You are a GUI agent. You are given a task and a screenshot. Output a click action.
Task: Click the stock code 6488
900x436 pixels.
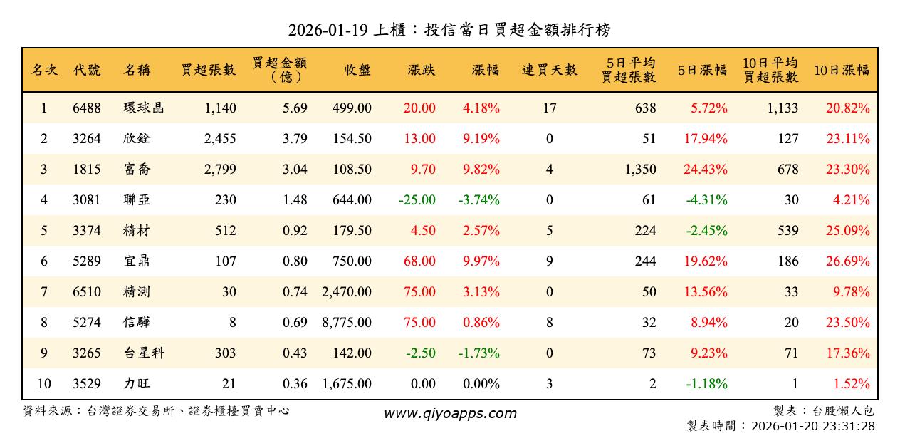(x=87, y=108)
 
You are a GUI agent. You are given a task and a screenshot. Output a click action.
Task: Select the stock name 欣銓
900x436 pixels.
(x=137, y=139)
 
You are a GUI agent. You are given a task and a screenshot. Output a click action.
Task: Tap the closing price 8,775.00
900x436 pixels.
(x=347, y=323)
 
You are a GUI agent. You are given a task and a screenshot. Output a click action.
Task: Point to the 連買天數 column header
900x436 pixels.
(x=550, y=70)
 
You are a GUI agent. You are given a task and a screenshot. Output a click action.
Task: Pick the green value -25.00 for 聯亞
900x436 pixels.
(x=417, y=200)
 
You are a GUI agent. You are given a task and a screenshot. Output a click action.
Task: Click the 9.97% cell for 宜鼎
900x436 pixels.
(x=481, y=261)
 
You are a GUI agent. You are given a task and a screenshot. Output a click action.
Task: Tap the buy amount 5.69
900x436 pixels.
(x=295, y=108)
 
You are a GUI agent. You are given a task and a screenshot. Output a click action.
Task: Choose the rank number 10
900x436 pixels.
(x=44, y=384)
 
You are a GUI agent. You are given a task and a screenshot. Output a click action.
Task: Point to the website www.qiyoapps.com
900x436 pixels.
(x=450, y=413)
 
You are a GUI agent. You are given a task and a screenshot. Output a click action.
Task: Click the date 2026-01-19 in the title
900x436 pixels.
(x=328, y=30)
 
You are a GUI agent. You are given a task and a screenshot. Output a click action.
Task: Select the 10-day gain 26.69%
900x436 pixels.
(x=848, y=261)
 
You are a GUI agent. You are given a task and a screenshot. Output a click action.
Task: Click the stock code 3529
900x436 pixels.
(x=87, y=384)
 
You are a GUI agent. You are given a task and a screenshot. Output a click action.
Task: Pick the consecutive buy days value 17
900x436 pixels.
(x=550, y=108)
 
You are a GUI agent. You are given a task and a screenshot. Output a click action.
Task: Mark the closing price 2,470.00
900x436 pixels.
(x=347, y=292)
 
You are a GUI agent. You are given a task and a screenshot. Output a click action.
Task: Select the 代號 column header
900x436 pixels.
(x=87, y=70)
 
